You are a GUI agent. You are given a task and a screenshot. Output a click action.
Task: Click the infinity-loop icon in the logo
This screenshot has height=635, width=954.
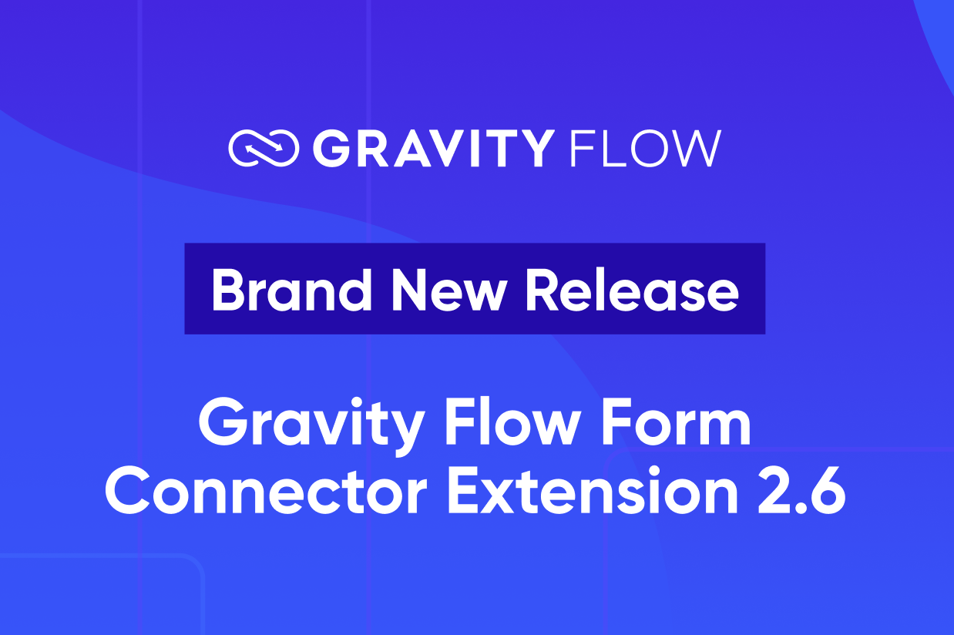point(264,148)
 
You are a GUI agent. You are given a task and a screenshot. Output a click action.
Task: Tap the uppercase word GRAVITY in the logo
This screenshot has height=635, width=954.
point(434,148)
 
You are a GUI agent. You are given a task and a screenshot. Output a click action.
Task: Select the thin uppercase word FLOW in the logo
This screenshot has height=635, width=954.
point(645,148)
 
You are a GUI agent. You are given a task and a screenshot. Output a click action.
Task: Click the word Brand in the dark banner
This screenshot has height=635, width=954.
point(292,290)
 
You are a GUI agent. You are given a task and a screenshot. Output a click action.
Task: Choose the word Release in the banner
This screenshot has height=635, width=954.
point(633,290)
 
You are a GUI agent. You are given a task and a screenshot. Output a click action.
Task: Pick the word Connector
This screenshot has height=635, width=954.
point(266,490)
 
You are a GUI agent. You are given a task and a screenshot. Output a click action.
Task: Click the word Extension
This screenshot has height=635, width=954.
point(593,489)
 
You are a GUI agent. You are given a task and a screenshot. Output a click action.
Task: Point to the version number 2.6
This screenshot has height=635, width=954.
point(801,491)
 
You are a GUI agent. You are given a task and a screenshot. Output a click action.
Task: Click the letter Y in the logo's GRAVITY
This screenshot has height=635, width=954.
point(536,148)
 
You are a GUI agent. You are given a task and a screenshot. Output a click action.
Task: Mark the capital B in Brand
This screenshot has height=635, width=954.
point(229,291)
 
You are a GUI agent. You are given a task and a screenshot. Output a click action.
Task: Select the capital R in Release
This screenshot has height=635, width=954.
point(544,291)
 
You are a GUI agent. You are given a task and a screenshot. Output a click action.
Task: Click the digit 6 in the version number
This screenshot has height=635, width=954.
point(828,491)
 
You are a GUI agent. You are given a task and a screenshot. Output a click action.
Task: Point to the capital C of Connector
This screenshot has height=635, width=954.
point(128,491)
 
